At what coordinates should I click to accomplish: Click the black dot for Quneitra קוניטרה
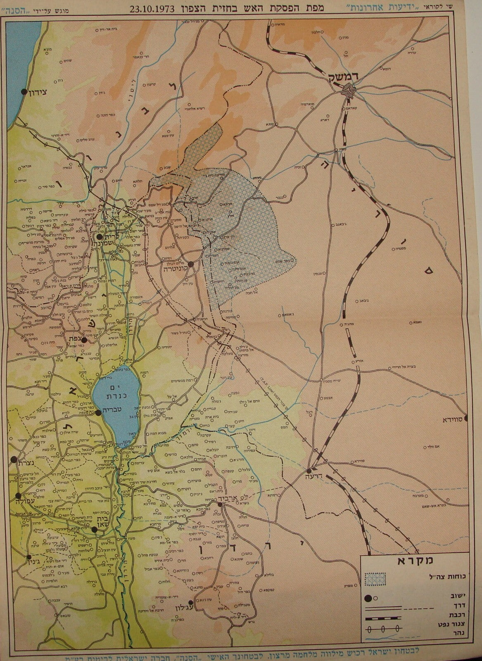click(190, 264)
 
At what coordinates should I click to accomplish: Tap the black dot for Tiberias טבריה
click(99, 413)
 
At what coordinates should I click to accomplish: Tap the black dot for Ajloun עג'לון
click(190, 603)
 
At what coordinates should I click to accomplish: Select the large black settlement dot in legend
click(367, 598)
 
